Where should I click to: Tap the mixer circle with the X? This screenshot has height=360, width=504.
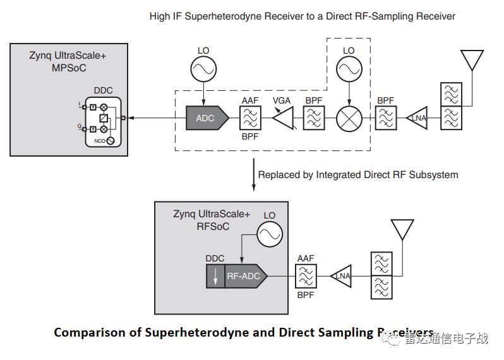349,118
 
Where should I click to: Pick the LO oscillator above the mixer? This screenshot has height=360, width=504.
349,66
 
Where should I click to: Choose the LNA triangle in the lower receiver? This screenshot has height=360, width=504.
342,275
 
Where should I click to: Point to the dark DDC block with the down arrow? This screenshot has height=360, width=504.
215,275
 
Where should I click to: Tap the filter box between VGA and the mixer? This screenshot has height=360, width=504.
314,118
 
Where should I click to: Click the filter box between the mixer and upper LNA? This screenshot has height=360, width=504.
385,118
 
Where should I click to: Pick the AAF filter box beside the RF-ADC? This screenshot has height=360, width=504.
305,275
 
